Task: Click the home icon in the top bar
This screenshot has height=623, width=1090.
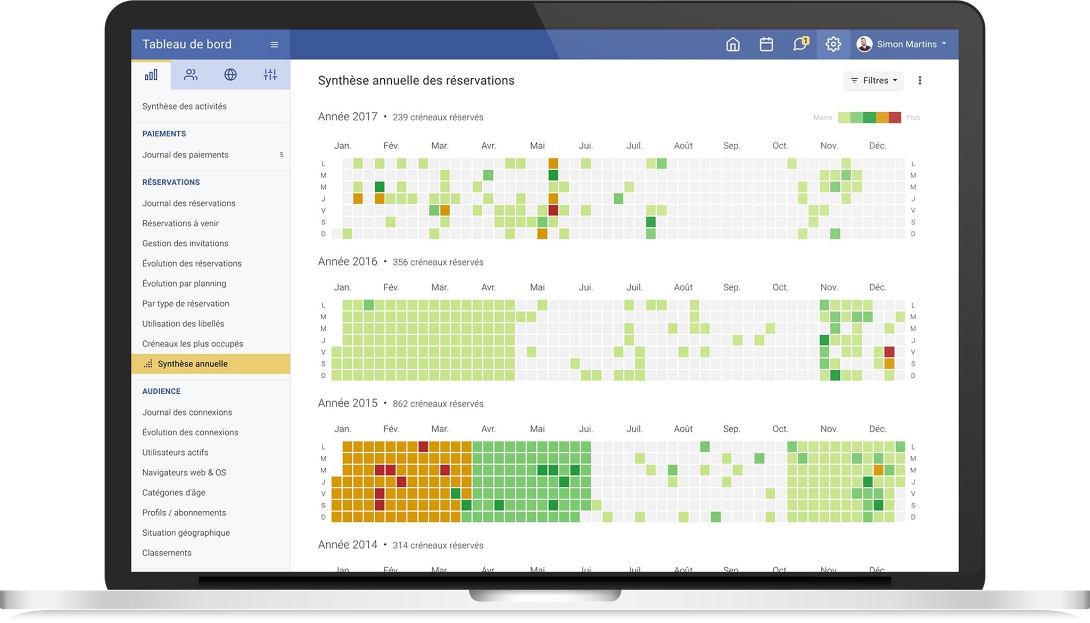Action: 733,44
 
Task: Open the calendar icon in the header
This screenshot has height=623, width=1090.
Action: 766,44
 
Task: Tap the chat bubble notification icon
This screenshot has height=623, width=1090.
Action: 800,44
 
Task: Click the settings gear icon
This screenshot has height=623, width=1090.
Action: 833,44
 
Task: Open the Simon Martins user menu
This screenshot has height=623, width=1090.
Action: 902,44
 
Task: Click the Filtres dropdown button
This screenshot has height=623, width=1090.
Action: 873,80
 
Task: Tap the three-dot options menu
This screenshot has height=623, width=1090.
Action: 920,80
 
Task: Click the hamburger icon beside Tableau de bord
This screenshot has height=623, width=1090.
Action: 274,45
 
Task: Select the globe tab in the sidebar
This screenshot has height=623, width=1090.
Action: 230,74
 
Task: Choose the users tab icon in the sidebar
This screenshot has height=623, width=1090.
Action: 191,74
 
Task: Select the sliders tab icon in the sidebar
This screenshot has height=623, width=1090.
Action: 270,74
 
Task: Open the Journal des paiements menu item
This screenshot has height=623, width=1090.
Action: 185,155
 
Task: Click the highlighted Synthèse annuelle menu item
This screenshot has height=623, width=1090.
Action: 193,364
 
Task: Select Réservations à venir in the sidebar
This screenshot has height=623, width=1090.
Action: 180,223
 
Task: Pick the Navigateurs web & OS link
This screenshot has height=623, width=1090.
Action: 184,472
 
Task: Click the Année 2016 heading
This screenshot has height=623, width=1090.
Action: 348,262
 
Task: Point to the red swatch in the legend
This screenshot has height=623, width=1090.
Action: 895,118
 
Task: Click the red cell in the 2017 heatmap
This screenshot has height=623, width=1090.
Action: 553,210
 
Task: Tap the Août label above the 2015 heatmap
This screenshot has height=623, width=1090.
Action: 683,429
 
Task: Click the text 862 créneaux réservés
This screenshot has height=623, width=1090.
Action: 438,404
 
